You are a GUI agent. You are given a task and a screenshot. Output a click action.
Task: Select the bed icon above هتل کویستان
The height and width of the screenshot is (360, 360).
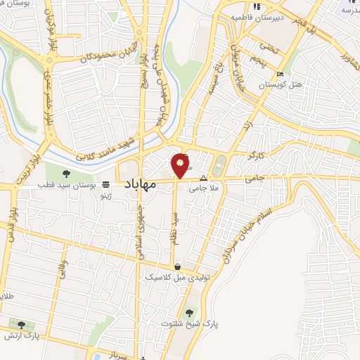coord(281,74)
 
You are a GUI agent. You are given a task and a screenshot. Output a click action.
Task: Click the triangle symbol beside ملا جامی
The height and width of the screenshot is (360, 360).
coord(204,178)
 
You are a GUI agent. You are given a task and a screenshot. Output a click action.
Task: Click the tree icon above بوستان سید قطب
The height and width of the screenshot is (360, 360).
coord(66,173)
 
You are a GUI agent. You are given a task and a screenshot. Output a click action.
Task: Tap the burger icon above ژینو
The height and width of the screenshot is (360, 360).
coord(105,184)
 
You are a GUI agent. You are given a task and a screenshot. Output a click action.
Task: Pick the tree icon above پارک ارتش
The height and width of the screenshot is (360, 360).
coord(22,325)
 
